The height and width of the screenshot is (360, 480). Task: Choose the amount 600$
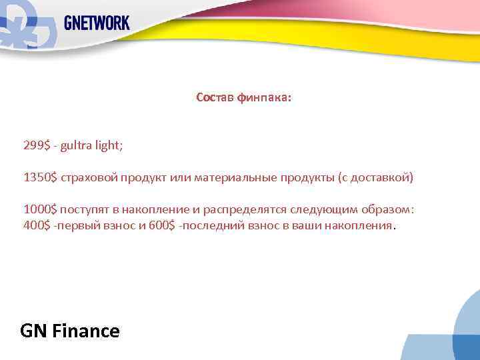click(x=163, y=226)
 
